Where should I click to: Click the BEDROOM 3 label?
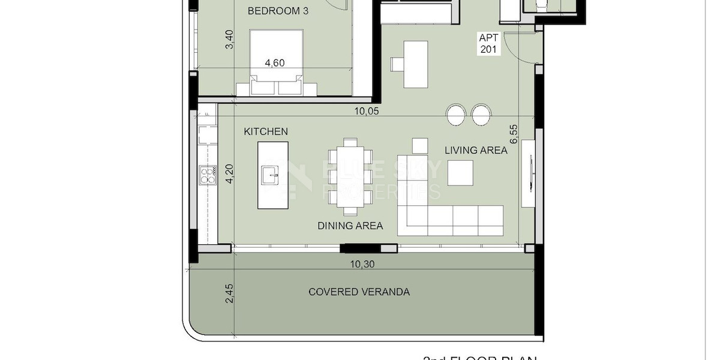tap(278, 11)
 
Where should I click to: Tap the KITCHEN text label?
tap(265, 131)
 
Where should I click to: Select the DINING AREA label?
tap(350, 226)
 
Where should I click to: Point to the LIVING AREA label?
tap(476, 150)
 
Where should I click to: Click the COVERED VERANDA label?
tap(359, 292)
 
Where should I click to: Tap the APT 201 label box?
tap(488, 43)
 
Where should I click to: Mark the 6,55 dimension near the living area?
tap(514, 134)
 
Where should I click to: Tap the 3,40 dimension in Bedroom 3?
tap(228, 39)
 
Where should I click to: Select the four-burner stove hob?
tap(208, 175)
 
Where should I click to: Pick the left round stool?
tap(456, 115)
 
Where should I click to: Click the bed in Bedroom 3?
tap(276, 62)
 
